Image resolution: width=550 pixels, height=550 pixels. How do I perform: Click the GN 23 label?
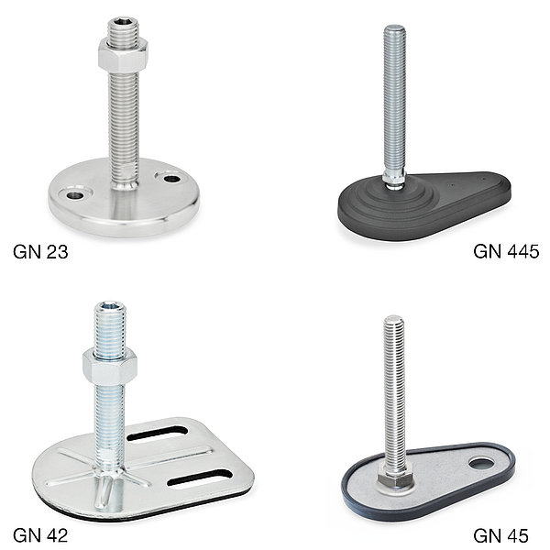tap(40, 252)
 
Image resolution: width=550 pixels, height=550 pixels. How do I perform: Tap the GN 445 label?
tap(506, 251)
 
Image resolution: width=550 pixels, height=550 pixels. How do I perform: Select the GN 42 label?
tap(40, 535)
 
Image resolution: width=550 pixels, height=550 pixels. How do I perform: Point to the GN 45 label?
tap(500, 535)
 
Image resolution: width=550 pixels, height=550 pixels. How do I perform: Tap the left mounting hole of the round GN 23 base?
tap(76, 195)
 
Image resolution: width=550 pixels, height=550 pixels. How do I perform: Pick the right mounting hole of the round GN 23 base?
tap(172, 179)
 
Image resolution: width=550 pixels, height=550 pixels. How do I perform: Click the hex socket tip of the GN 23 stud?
tap(123, 23)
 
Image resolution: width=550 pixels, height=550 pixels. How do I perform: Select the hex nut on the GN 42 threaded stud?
tap(110, 367)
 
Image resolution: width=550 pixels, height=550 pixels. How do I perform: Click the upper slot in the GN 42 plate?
tap(157, 434)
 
